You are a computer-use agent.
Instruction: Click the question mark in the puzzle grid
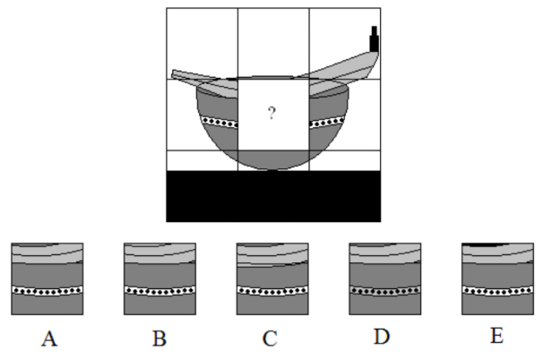coord(272,113)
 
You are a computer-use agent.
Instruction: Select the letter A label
coord(49,339)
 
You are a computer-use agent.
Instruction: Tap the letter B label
coord(160,339)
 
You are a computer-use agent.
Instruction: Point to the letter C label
coord(270,339)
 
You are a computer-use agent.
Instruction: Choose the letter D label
coord(382,337)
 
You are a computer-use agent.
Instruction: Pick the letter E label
coord(496,335)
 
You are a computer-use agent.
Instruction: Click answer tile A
coord(47,279)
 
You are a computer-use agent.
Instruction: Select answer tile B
coord(160,279)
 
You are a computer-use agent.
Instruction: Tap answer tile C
coord(272,279)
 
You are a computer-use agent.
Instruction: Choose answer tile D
coord(385,279)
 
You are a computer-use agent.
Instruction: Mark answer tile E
coord(498,279)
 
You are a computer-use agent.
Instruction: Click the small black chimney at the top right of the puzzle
coord(374,39)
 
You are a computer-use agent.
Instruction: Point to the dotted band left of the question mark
coord(220,123)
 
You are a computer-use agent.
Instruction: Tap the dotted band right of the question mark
coord(327,123)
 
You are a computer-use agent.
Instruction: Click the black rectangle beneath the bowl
coord(273,196)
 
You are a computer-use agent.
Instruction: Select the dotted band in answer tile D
coord(385,291)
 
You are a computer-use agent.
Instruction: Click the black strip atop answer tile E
coord(486,244)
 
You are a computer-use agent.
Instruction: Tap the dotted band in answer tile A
coord(47,291)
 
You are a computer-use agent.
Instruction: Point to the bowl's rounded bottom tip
coord(272,169)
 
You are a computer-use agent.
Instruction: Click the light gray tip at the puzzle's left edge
coord(173,74)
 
